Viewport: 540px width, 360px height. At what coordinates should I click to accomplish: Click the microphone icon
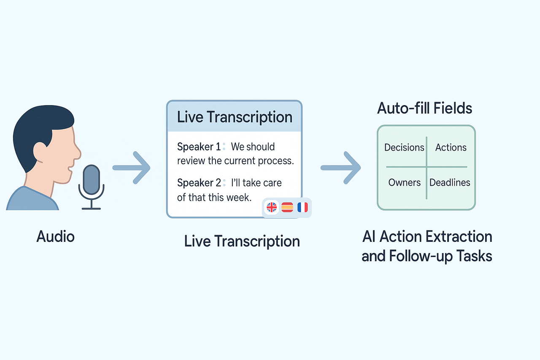pyautogui.click(x=91, y=181)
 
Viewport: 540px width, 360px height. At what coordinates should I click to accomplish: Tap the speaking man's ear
pyautogui.click(x=40, y=150)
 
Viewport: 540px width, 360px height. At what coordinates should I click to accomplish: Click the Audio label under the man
pyautogui.click(x=55, y=236)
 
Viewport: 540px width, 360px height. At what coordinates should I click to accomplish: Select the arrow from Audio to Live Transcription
pyautogui.click(x=131, y=168)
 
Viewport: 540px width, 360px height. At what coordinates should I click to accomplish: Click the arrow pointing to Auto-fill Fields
pyautogui.click(x=340, y=168)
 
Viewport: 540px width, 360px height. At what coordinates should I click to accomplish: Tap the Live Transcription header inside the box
pyautogui.click(x=235, y=116)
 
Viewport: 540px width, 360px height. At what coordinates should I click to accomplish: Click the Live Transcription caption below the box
pyautogui.click(x=242, y=241)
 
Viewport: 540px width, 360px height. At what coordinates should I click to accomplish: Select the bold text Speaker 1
pyautogui.click(x=198, y=147)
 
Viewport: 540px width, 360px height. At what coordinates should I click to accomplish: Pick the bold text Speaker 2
pyautogui.click(x=198, y=183)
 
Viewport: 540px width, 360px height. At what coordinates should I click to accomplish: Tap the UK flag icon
pyautogui.click(x=271, y=207)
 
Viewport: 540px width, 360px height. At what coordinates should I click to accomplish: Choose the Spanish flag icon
pyautogui.click(x=287, y=207)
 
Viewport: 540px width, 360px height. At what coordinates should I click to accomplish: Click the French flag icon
pyautogui.click(x=302, y=207)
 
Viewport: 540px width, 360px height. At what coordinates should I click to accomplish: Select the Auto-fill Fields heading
pyautogui.click(x=424, y=108)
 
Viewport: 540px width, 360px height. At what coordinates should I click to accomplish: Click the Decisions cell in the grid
pyautogui.click(x=404, y=147)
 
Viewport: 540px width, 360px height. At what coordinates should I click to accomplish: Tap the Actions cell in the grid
pyautogui.click(x=451, y=147)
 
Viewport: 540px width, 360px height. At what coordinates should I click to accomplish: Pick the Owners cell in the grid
pyautogui.click(x=404, y=182)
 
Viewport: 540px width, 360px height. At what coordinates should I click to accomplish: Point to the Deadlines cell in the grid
pyautogui.click(x=450, y=182)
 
